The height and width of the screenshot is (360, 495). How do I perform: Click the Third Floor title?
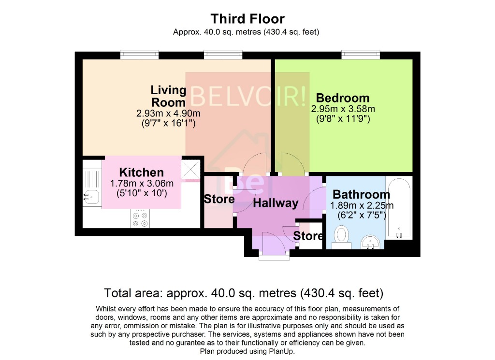[x=247, y=19]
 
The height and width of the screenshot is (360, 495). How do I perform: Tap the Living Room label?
[x=168, y=96]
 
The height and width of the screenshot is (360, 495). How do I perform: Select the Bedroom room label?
[x=342, y=98]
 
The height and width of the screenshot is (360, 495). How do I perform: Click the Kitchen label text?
[x=141, y=173]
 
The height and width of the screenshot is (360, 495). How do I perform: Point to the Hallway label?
[x=276, y=203]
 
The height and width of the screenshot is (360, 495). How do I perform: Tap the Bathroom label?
[x=361, y=195]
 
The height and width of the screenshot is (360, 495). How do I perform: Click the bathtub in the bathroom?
[x=399, y=207]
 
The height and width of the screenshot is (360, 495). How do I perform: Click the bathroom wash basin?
[x=371, y=242]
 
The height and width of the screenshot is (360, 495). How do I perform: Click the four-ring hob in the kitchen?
[x=140, y=219]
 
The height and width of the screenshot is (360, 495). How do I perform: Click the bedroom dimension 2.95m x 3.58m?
[x=343, y=109]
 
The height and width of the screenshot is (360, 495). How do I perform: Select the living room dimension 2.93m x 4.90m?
[x=168, y=114]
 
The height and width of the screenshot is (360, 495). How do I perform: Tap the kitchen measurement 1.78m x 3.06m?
[x=141, y=184]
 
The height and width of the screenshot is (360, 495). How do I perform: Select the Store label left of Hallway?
[x=219, y=199]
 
